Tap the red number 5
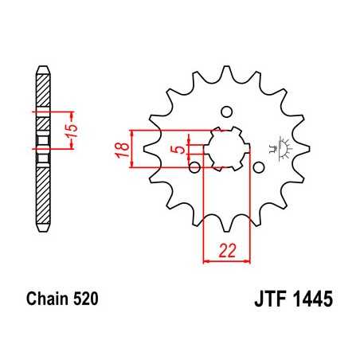point(182,148)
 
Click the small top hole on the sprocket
point(225,111)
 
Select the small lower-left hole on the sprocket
point(194,166)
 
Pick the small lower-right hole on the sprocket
point(258,166)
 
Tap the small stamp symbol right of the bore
point(279,147)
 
